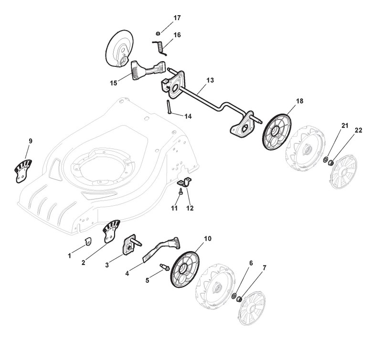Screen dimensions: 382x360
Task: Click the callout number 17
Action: [177, 18]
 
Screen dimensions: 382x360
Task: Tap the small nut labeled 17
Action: [158, 33]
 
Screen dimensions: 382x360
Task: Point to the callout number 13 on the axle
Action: [210, 80]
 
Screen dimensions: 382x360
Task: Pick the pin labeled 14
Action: [169, 106]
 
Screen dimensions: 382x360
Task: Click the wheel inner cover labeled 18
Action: [277, 133]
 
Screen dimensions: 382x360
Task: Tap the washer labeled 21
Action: [326, 160]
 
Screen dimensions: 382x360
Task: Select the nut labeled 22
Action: [331, 162]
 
